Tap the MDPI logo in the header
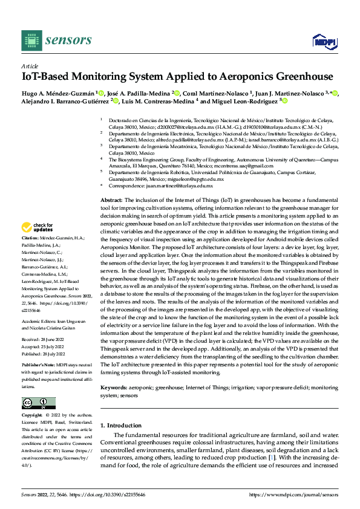323,41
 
